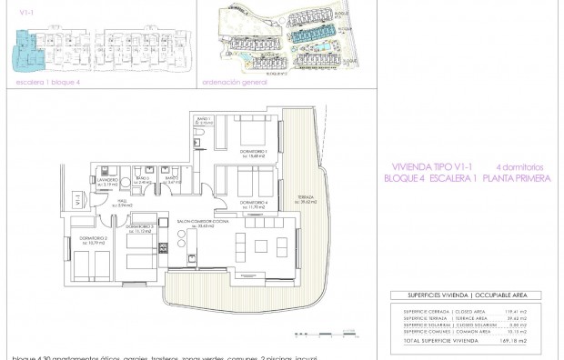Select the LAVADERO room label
tap(106, 181)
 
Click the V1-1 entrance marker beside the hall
tap(77, 197)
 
